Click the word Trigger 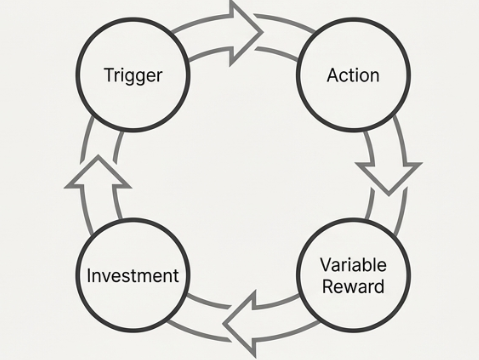click(132, 75)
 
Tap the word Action click(353, 75)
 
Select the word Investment click(132, 275)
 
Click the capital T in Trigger click(108, 75)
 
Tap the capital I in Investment click(90, 275)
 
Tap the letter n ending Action click(375, 76)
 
